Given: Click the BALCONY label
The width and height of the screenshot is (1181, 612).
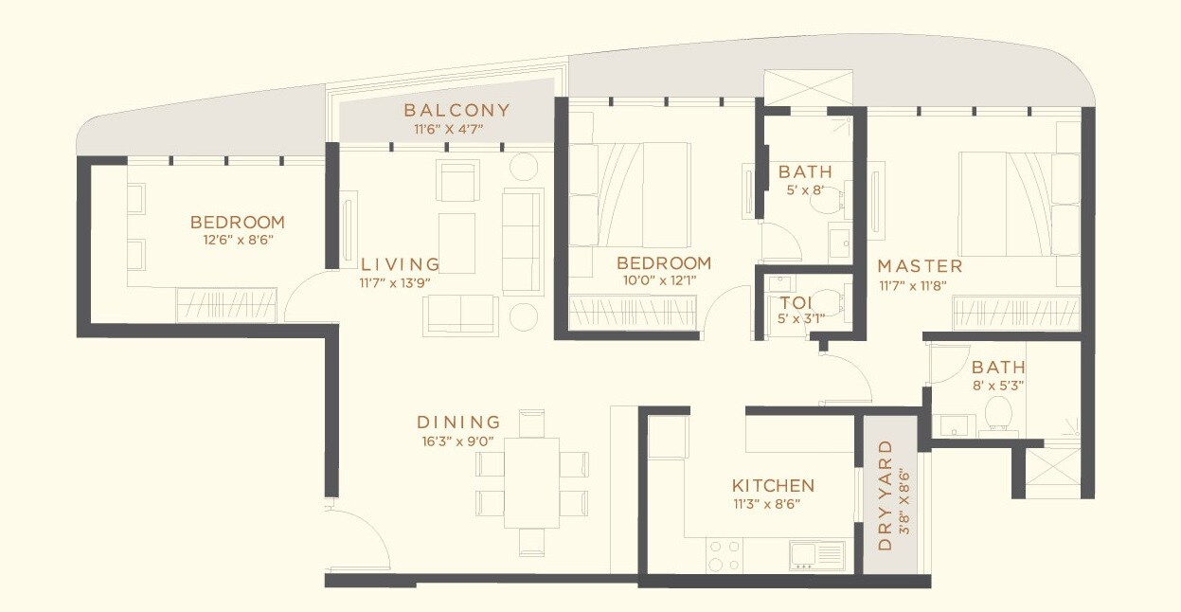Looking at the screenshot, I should [x=456, y=110].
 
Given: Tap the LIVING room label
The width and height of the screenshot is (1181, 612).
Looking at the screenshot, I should [x=400, y=264].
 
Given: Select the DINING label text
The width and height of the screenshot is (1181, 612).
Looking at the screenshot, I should [x=458, y=423].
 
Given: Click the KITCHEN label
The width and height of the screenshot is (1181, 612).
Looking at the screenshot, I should [x=773, y=485].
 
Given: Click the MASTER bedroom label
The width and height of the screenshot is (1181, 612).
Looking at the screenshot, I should [x=920, y=265].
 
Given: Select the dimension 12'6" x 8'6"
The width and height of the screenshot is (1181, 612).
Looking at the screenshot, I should [x=237, y=240].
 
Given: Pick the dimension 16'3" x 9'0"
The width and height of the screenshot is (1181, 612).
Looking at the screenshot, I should [x=458, y=440].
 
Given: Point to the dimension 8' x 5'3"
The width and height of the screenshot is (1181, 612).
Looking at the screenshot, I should [x=997, y=386].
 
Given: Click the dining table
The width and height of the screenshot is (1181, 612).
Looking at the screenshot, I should [x=531, y=482].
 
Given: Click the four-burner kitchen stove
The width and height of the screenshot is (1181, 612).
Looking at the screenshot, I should [x=725, y=555].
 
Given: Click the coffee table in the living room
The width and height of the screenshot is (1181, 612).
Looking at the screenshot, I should [x=456, y=242].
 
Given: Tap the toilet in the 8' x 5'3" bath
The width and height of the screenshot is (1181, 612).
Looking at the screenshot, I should [x=996, y=413].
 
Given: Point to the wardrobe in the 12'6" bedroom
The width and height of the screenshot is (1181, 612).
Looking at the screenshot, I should [x=226, y=305].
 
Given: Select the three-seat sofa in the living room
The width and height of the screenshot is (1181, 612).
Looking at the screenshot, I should [x=523, y=241].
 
